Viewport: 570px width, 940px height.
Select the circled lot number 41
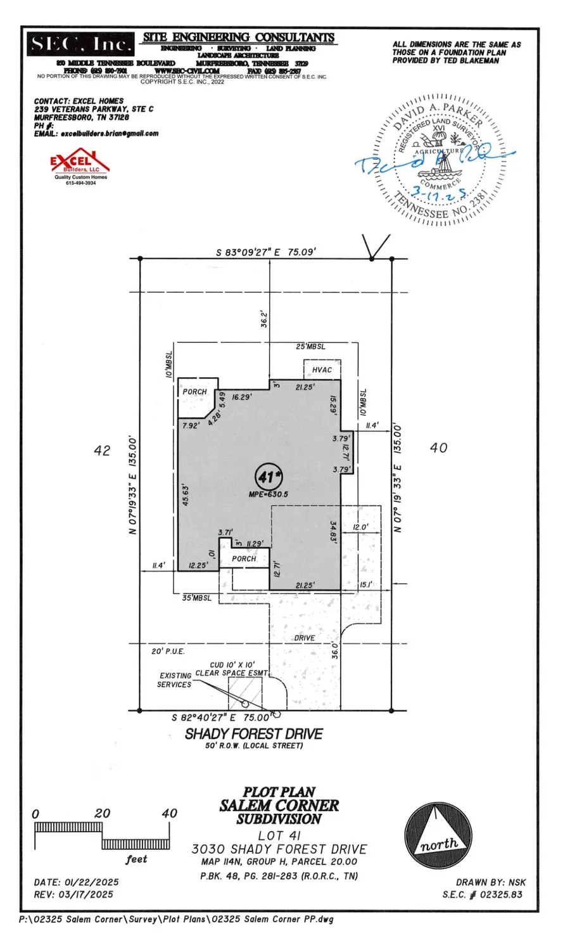(269, 476)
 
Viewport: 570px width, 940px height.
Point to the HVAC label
(322, 370)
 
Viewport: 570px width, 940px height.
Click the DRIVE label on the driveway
(304, 638)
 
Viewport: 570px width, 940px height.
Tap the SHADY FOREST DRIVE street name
(253, 733)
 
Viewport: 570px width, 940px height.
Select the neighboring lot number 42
(102, 451)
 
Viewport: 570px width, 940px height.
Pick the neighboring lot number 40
(438, 448)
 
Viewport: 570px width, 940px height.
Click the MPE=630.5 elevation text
(269, 494)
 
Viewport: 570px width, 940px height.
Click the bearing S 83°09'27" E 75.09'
(265, 252)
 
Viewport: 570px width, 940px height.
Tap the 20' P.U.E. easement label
(167, 652)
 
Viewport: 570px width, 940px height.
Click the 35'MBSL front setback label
(196, 598)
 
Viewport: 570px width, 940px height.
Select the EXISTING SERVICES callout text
(175, 680)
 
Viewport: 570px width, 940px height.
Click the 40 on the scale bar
(169, 813)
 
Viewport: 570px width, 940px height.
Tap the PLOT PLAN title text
(279, 792)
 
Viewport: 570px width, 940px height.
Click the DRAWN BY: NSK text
(490, 882)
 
